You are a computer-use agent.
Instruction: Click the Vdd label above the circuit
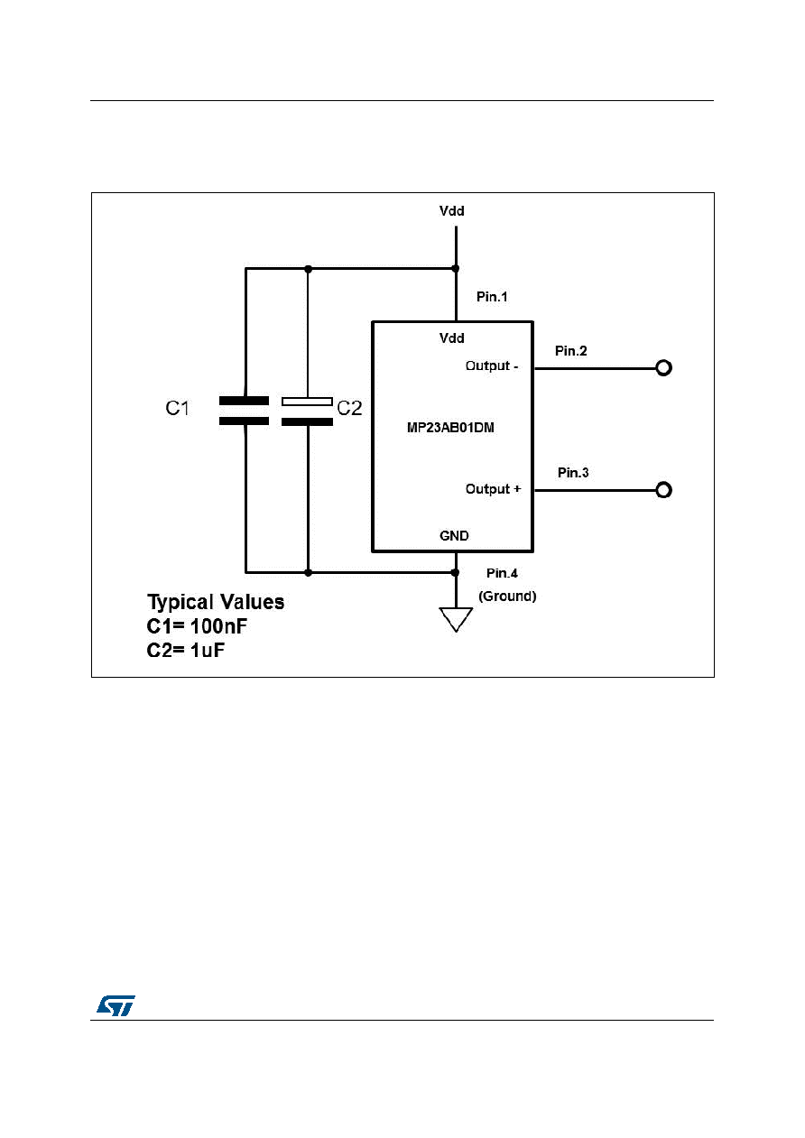pos(451,211)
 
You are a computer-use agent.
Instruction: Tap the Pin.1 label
pos(492,297)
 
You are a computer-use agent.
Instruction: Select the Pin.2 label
pos(571,351)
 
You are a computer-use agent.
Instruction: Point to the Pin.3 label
pos(573,473)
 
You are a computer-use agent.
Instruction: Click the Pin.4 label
pos(502,573)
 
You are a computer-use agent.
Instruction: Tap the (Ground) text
pos(507,596)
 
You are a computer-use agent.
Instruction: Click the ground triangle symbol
pos(456,619)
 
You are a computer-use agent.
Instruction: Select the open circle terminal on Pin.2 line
pos(664,368)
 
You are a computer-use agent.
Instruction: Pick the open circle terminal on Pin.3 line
pos(664,490)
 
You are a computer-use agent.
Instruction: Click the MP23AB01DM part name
pos(450,428)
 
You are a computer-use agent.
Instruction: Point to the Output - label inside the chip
pos(492,365)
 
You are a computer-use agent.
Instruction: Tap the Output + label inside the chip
pos(493,489)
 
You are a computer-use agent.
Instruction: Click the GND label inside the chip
pos(454,535)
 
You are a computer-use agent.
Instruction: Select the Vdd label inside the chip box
pos(451,338)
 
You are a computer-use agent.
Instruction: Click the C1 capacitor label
pos(177,408)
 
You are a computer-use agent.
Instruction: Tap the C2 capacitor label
pos(349,408)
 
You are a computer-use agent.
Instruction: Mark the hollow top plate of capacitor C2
pos(307,402)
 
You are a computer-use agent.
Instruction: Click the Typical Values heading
pos(216,602)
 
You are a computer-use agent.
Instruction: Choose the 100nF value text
pos(219,626)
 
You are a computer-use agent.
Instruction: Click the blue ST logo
pos(116,1005)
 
